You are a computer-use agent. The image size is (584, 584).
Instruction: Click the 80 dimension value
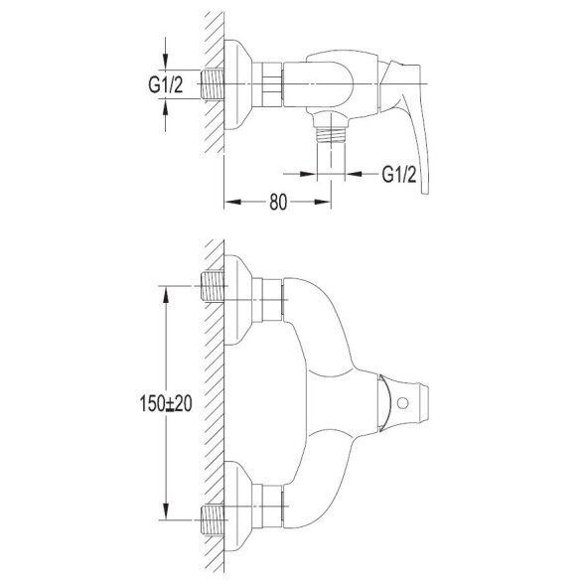tap(278, 203)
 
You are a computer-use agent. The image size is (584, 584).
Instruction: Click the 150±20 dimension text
tap(166, 403)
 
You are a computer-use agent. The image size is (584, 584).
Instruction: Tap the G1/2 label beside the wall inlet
tap(165, 85)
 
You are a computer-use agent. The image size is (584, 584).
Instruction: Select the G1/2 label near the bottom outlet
tap(399, 174)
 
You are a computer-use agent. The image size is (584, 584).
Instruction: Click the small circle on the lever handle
tap(402, 402)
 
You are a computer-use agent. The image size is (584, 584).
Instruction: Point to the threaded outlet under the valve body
tap(331, 135)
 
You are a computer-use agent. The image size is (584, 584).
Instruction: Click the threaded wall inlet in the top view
tap(213, 84)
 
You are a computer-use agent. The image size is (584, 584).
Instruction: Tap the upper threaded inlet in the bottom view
tap(213, 286)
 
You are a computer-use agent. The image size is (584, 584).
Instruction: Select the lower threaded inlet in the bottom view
tap(213, 519)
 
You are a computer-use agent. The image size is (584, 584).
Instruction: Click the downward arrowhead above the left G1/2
tap(165, 62)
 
